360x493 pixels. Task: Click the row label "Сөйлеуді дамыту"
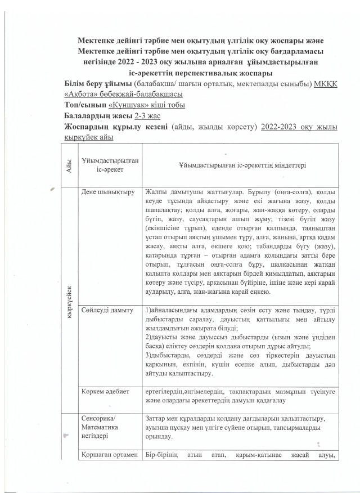107,310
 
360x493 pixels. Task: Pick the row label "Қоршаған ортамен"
107,455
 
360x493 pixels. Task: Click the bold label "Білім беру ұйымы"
94,84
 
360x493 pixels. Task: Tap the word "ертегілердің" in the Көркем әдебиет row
166,392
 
